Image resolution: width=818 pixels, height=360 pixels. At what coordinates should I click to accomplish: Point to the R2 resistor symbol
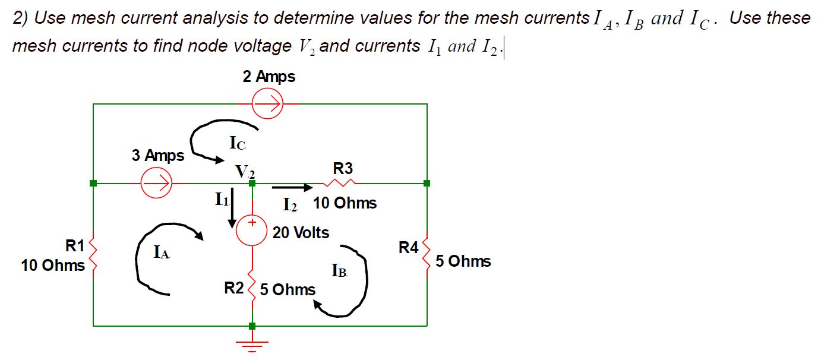tap(252, 288)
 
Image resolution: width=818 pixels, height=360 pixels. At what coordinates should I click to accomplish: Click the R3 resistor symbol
tap(343, 182)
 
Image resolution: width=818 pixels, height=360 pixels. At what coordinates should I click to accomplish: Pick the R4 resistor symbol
tap(427, 254)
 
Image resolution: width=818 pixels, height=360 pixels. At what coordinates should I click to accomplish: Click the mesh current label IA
tap(161, 254)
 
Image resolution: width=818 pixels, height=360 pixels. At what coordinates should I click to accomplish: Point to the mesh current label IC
tap(237, 143)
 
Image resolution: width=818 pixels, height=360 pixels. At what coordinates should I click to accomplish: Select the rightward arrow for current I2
tap(292, 188)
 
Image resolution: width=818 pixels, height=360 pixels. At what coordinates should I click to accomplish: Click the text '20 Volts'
tap(301, 233)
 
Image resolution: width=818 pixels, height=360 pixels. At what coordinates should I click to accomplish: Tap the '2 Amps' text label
tap(269, 77)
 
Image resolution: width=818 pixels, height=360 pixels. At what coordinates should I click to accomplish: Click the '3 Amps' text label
tap(158, 156)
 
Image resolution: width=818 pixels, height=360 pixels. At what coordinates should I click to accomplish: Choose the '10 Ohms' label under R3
tap(345, 203)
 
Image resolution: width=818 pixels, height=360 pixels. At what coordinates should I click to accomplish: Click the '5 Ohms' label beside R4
tap(463, 261)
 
